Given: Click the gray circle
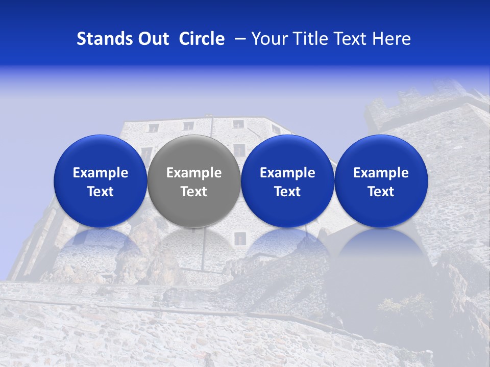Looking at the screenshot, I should (194, 153).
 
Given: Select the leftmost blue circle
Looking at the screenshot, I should (100, 153).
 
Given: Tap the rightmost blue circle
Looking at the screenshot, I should (381, 153).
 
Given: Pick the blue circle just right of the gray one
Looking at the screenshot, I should (287, 153).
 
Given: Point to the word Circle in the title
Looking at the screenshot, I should (202, 39).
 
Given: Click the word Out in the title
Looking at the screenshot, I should (152, 39).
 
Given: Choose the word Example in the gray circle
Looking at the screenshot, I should (194, 173).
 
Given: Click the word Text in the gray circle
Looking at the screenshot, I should (194, 192).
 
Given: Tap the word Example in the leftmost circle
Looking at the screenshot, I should (100, 173).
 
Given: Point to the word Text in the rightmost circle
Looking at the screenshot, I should (381, 192).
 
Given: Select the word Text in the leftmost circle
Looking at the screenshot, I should (100, 192).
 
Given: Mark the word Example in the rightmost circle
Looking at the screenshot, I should (381, 173).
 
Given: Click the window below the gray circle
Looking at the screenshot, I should (240, 238).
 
